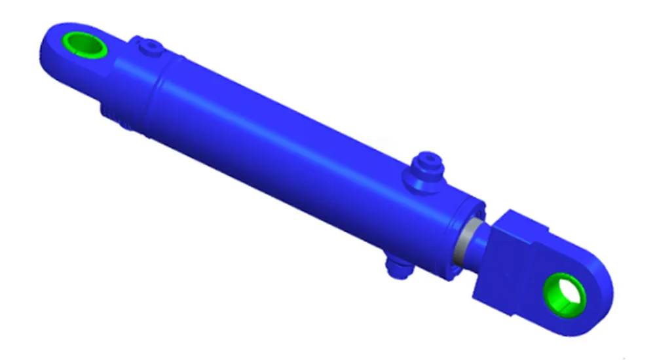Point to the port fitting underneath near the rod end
396,266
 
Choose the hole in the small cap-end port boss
153,45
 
